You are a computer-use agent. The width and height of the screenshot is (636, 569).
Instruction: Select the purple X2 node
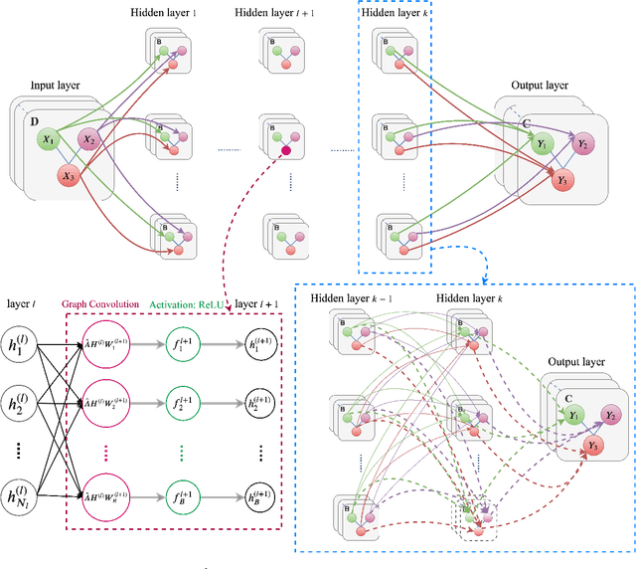[x=89, y=141]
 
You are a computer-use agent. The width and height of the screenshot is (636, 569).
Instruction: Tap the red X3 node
[x=68, y=176]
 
